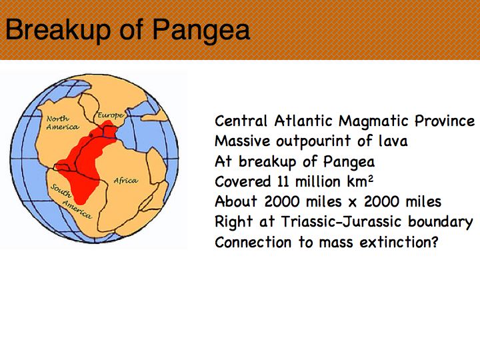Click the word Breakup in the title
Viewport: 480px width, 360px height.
[58, 29]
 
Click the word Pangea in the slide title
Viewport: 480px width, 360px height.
[201, 30]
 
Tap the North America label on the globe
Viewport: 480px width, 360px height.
[63, 123]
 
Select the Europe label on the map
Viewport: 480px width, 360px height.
[111, 115]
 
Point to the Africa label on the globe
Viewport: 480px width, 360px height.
[126, 180]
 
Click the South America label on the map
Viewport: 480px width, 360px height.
[71, 201]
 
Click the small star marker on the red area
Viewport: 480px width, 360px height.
[91, 135]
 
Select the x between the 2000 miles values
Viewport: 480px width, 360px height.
[353, 203]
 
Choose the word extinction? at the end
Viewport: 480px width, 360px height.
[399, 242]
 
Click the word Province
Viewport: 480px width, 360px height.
[445, 121]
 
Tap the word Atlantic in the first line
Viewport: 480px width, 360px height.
[303, 121]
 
